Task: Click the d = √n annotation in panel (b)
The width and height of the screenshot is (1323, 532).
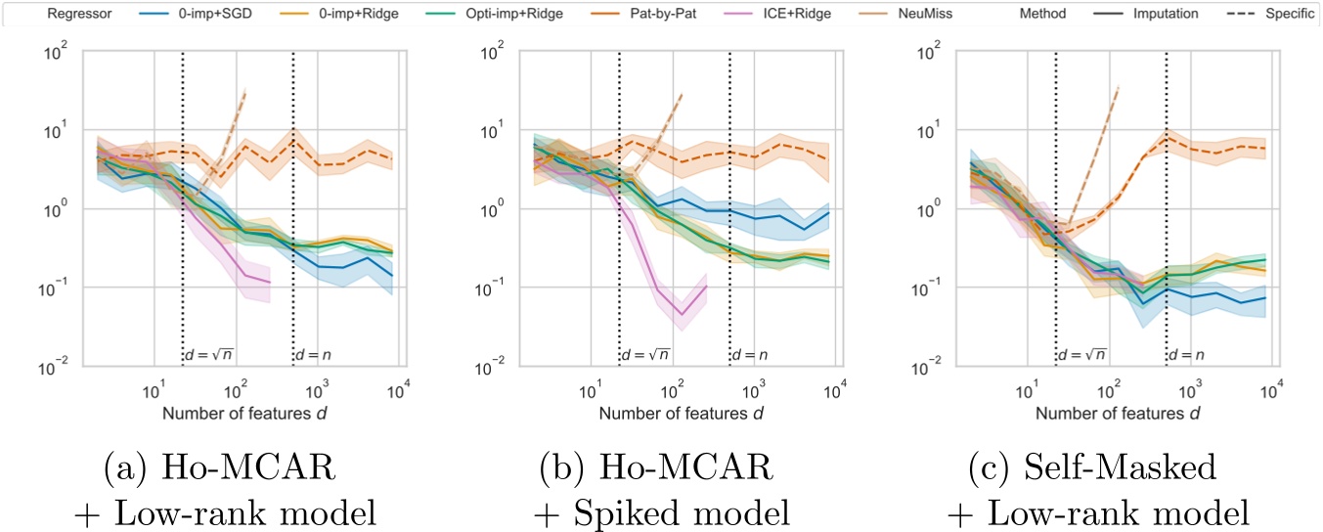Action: (x=645, y=354)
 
